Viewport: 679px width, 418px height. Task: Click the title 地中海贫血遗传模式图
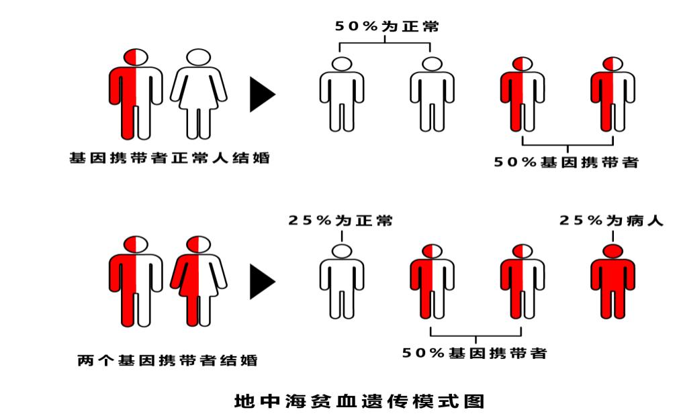click(359, 401)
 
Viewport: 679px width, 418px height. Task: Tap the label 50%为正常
click(387, 26)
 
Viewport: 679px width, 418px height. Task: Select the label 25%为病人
click(611, 220)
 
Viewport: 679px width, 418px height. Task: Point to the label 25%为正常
click(341, 220)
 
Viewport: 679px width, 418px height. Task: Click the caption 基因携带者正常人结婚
click(169, 158)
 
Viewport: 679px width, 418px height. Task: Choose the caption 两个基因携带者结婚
click(168, 360)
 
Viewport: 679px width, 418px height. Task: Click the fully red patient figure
click(613, 281)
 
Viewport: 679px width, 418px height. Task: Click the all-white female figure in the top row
click(198, 94)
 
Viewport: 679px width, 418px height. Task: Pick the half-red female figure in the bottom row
click(198, 281)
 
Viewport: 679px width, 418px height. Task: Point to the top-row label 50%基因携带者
click(566, 162)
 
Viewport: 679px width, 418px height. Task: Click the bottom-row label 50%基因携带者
click(475, 353)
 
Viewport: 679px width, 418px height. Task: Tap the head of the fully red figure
click(613, 251)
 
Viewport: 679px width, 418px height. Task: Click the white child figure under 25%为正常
click(342, 281)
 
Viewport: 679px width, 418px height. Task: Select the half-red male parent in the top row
click(136, 94)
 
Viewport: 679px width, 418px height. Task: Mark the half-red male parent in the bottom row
click(136, 281)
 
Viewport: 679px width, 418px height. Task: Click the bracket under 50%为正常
click(385, 43)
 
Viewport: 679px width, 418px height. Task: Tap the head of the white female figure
click(198, 57)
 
